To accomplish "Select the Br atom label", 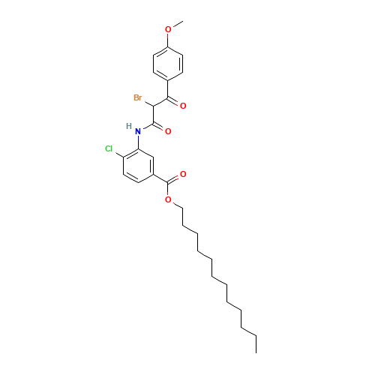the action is click(x=137, y=97).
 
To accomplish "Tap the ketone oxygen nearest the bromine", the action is click(x=183, y=106).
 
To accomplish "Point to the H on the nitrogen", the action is click(x=129, y=126).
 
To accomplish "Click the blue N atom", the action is click(x=138, y=132).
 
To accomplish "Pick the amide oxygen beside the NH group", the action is click(x=168, y=131).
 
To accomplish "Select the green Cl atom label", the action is click(x=109, y=149).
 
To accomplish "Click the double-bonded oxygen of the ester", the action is click(x=183, y=174).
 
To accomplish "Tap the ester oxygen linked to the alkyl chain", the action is click(x=168, y=200).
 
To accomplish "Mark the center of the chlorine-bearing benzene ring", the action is click(x=138, y=166).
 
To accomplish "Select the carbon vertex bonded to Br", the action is click(x=153, y=106).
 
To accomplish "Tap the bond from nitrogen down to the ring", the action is click(x=138, y=141).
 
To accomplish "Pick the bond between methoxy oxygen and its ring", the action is click(x=168, y=39).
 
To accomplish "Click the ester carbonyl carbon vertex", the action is click(x=168, y=183).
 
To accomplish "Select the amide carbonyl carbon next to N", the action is click(x=153, y=123).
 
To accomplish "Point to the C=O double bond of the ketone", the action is click(x=175, y=102).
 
